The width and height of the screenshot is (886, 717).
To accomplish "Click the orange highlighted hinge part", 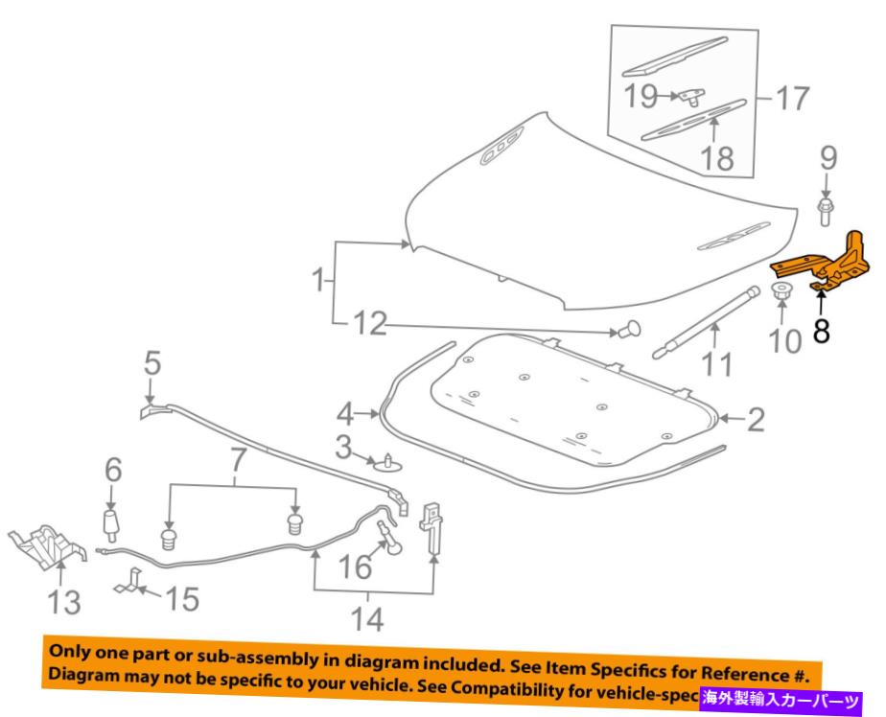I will (828, 265).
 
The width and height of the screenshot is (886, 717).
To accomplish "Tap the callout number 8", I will (823, 331).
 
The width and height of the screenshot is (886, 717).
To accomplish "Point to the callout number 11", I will (717, 365).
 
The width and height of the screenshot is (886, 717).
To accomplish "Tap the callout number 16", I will (355, 567).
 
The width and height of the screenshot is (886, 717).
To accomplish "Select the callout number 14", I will (368, 619).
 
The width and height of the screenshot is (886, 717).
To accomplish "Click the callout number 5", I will (152, 364).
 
